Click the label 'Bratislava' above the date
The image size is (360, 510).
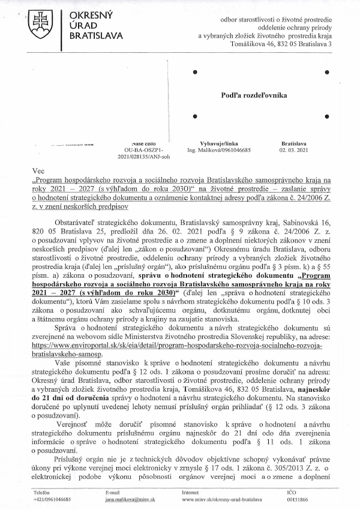pos(293,145)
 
